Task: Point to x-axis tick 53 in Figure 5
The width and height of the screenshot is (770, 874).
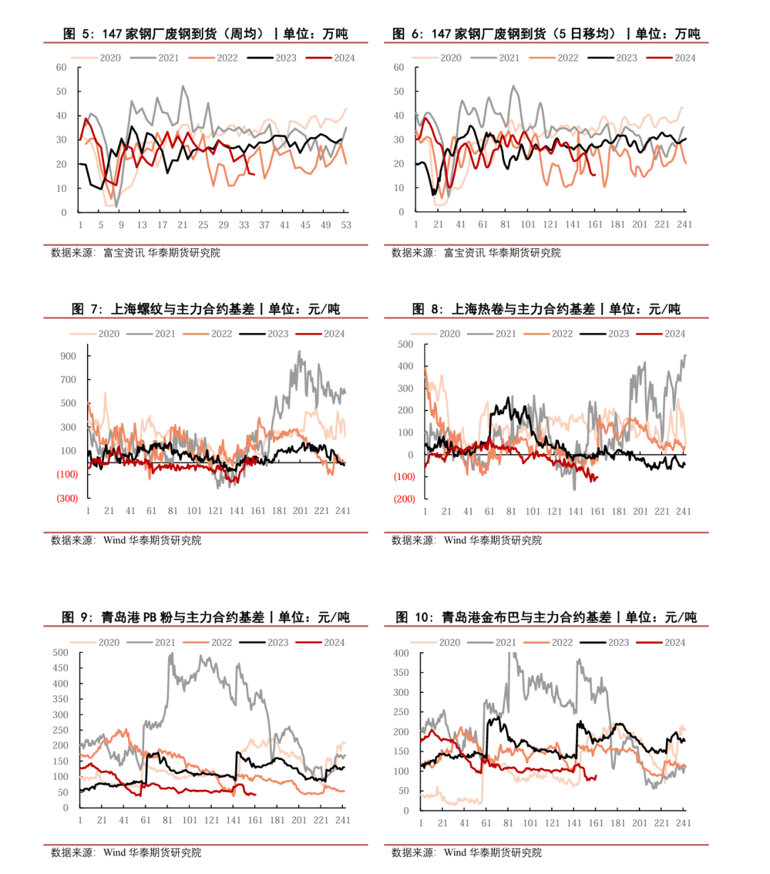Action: coord(346,225)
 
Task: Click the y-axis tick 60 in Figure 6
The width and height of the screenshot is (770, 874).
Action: coord(399,68)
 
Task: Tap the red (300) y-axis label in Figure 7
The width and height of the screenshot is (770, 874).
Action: coord(68,498)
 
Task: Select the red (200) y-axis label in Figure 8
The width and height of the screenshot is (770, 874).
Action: coord(404,499)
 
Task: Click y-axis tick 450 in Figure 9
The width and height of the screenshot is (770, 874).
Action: coord(61,668)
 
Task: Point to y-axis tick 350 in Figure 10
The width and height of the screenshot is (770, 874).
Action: coord(401,672)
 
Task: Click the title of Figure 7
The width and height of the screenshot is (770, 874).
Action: coord(206,309)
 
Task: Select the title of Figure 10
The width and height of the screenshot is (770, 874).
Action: coord(546,617)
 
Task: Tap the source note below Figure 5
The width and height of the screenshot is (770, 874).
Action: coord(135,252)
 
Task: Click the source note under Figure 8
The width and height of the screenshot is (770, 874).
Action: coord(466,540)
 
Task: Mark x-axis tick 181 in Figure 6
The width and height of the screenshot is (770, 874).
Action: coord(617,225)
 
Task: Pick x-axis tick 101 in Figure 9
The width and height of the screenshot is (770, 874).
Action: coord(190,820)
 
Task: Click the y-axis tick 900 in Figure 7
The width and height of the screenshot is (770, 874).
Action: coord(68,356)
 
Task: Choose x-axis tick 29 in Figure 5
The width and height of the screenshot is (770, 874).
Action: coord(224,225)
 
